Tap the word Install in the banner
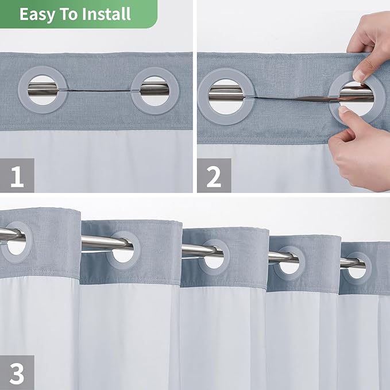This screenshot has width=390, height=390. tap(107, 14)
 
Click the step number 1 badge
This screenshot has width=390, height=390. tap(17, 176)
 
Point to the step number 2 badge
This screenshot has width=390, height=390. tap(214, 176)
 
